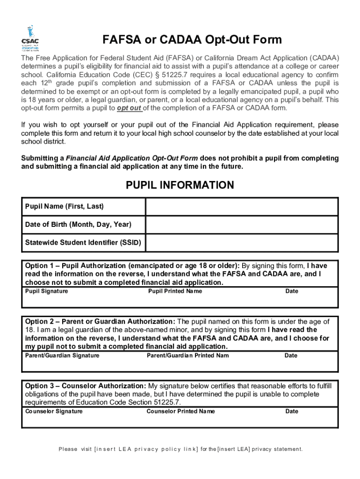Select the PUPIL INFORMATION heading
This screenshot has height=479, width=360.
tap(180, 185)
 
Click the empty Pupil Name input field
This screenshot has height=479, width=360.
tap(242, 206)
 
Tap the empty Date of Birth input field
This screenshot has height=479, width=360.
tap(242, 225)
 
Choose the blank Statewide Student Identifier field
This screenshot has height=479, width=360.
tap(242, 243)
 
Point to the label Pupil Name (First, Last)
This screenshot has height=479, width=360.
tap(64, 206)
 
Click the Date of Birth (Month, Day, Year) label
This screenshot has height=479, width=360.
tap(78, 225)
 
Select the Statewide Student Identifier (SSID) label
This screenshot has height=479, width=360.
tap(83, 243)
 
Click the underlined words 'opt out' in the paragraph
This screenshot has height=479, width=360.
tap(130, 108)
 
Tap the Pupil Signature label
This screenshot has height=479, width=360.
tap(46, 291)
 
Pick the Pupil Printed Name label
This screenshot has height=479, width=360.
tap(175, 291)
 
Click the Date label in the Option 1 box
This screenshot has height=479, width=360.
tap(292, 291)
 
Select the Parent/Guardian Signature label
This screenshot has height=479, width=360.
tap(62, 356)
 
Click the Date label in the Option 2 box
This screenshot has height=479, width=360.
tap(291, 356)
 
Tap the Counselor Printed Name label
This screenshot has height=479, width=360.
tap(180, 412)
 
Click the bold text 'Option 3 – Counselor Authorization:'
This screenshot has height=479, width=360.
tap(86, 386)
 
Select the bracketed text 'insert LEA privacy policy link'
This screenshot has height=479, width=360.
tap(146, 450)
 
